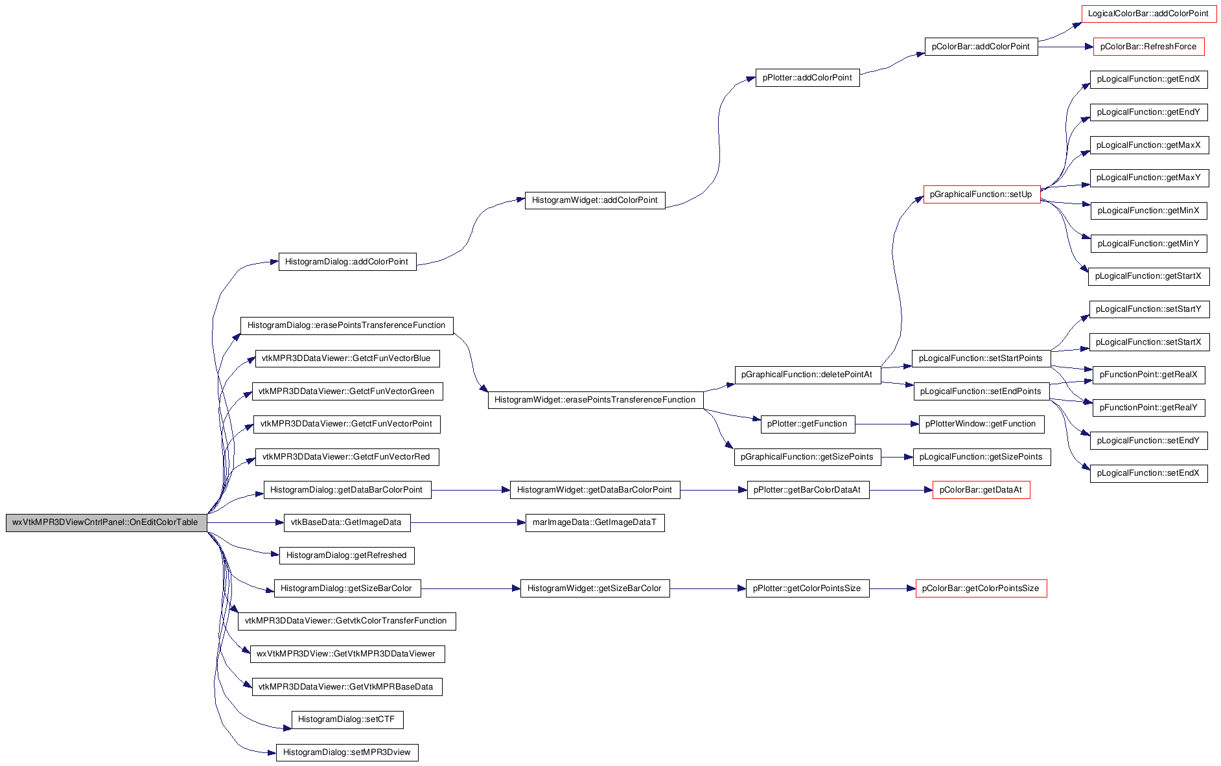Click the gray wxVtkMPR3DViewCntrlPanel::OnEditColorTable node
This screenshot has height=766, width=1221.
click(x=106, y=522)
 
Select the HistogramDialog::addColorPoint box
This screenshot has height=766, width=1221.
click(x=347, y=262)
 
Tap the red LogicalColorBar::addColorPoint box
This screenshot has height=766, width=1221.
click(x=1148, y=14)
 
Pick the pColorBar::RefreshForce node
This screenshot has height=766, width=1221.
click(x=1148, y=47)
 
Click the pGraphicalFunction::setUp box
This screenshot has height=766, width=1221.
click(x=981, y=194)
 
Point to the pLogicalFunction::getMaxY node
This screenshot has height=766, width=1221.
click(x=1149, y=178)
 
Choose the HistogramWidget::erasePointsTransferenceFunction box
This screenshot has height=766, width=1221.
click(x=595, y=400)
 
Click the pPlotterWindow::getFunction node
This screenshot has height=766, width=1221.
click(x=981, y=424)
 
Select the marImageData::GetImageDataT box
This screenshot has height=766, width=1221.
click(x=595, y=522)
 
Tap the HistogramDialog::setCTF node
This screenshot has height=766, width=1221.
click(x=347, y=719)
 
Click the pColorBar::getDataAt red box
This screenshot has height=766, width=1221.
click(x=981, y=490)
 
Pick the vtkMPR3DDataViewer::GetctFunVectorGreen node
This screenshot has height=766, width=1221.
click(x=347, y=391)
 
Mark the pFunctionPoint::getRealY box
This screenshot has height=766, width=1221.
click(x=1149, y=408)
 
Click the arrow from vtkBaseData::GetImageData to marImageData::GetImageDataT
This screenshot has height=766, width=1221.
click(x=468, y=522)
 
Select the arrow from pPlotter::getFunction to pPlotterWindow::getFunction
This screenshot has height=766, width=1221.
click(x=887, y=424)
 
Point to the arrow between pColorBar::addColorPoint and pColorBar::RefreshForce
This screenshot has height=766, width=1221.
click(x=1065, y=47)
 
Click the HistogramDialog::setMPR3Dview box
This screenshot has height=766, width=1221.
click(x=347, y=752)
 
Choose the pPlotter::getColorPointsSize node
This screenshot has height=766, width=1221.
click(x=808, y=588)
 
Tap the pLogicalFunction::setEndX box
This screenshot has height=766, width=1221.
click(x=1149, y=473)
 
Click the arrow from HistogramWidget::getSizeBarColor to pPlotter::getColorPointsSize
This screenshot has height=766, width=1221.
click(x=708, y=588)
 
